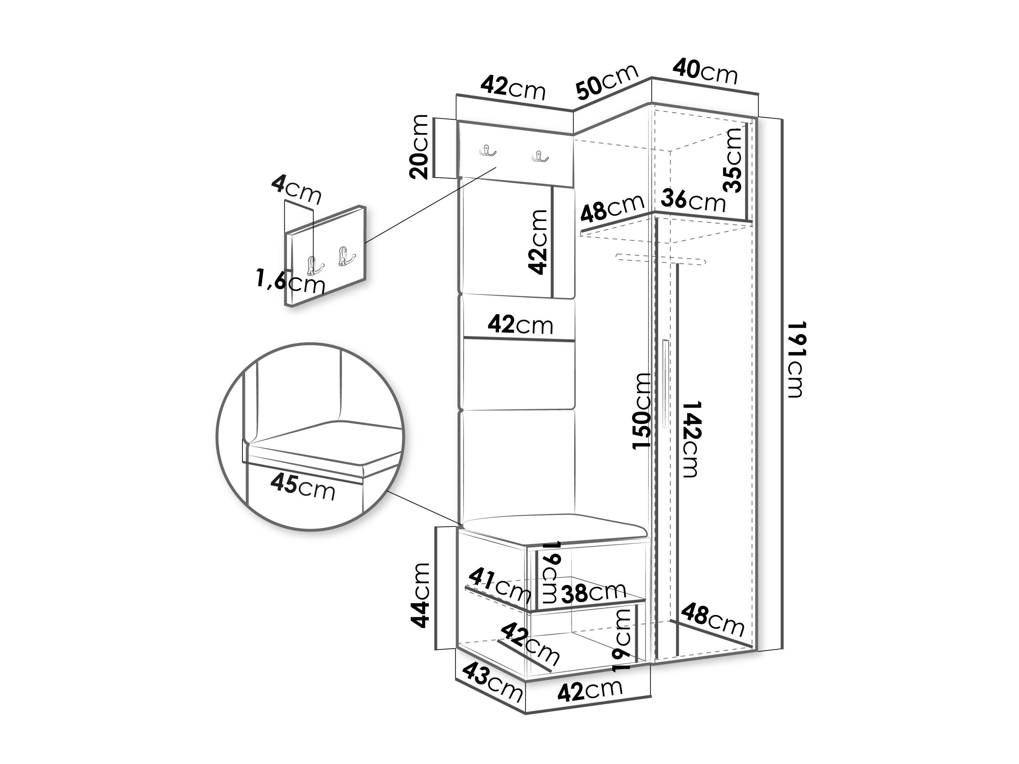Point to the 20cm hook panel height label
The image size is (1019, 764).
(x=419, y=147)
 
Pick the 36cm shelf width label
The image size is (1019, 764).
(x=693, y=201)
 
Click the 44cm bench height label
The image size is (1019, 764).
(x=420, y=595)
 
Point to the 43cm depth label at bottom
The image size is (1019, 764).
(x=492, y=688)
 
